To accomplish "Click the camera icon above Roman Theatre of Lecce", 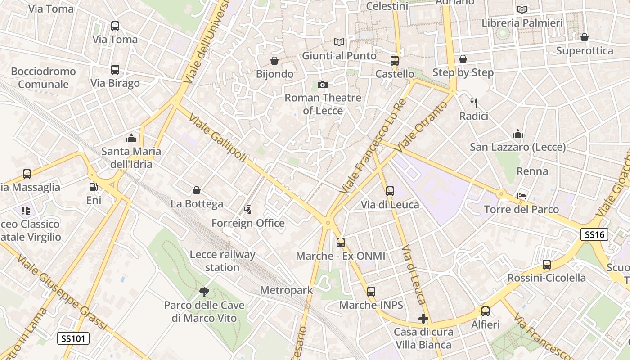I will [x=322, y=85].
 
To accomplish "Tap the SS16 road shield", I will [x=594, y=234].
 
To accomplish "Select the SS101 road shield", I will [x=73, y=338].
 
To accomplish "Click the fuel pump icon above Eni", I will [x=93, y=187].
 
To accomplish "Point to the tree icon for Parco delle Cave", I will [x=204, y=292].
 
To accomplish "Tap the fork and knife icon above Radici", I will [x=473, y=103].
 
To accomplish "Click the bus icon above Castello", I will [x=395, y=61].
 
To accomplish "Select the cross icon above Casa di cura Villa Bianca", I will [x=423, y=319].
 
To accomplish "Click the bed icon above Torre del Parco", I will [x=522, y=196].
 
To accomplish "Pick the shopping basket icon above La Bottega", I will [x=197, y=190].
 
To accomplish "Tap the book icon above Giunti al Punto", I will [x=339, y=42].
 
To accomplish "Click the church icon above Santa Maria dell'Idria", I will [x=131, y=138].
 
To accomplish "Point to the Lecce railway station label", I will [x=222, y=261].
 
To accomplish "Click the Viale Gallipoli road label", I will [x=218, y=138].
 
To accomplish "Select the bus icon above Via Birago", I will [x=115, y=70].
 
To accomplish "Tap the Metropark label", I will [x=286, y=290].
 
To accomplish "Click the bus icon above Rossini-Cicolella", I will [x=547, y=265].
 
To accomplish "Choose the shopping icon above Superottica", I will [x=585, y=37].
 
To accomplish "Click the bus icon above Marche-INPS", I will [x=371, y=292].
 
